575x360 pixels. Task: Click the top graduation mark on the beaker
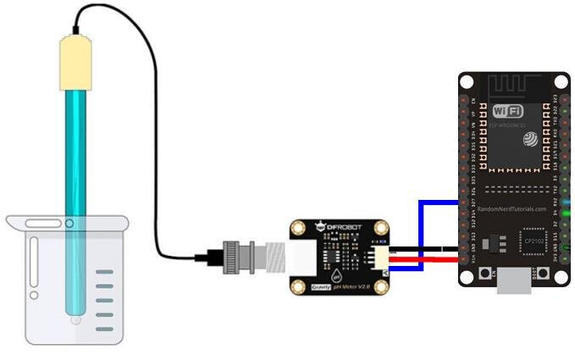point(104,272)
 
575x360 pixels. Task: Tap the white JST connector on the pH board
point(379,258)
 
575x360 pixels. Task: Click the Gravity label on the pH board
point(318,287)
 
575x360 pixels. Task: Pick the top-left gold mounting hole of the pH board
point(298,230)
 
